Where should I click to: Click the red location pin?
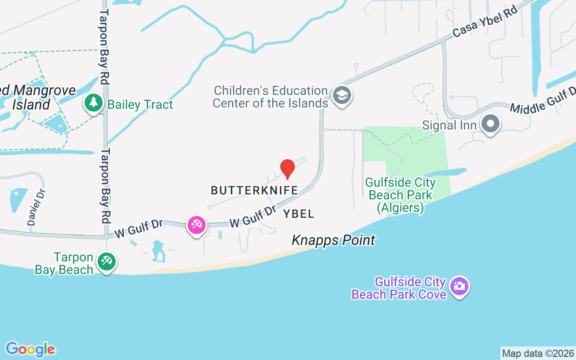287,169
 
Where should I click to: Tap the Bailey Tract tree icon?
94,103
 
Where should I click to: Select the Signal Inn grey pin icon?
490,123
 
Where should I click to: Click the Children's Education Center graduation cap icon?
342,95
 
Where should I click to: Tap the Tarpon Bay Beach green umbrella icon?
107,261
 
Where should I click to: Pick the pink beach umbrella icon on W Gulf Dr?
197,224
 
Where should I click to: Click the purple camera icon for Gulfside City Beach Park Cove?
459,286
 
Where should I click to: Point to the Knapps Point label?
333,240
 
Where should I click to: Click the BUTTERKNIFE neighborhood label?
254,191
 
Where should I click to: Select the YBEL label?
299,214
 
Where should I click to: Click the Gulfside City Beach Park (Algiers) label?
400,195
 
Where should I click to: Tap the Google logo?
31,349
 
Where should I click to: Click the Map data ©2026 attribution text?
538,353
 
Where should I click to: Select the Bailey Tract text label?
140,105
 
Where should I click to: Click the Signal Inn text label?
449,125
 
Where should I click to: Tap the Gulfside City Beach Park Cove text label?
399,288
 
